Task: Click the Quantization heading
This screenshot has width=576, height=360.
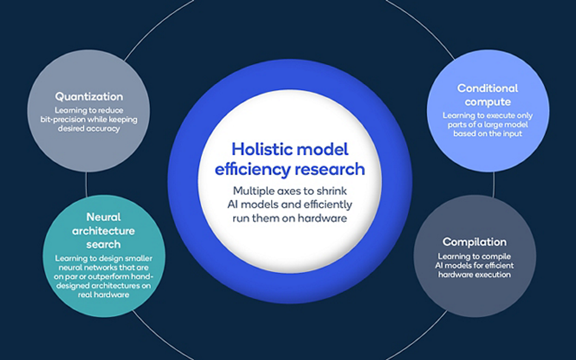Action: [x=89, y=96]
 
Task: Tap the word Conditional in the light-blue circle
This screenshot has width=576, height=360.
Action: [x=487, y=88]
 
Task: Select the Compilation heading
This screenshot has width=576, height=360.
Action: [x=474, y=242]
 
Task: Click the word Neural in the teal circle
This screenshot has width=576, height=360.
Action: [x=104, y=217]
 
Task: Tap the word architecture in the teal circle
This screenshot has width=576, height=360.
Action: [x=104, y=231]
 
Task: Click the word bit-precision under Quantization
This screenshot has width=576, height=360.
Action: [x=64, y=120]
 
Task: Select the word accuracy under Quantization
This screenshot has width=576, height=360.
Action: [x=104, y=128]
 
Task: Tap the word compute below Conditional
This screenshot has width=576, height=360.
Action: [x=487, y=102]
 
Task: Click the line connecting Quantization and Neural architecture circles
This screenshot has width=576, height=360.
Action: [x=86, y=184]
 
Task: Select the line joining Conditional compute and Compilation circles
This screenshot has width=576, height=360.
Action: [x=494, y=184]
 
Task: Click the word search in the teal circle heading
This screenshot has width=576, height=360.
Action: [x=104, y=244]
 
